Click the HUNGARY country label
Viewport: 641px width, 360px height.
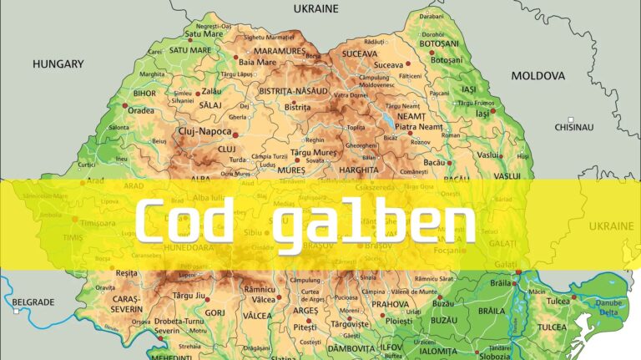point(58,63)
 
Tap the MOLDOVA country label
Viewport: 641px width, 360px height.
point(538,75)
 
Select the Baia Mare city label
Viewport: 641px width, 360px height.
point(257,62)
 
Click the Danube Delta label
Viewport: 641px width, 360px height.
point(609,308)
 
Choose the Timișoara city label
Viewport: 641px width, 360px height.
point(97,223)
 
